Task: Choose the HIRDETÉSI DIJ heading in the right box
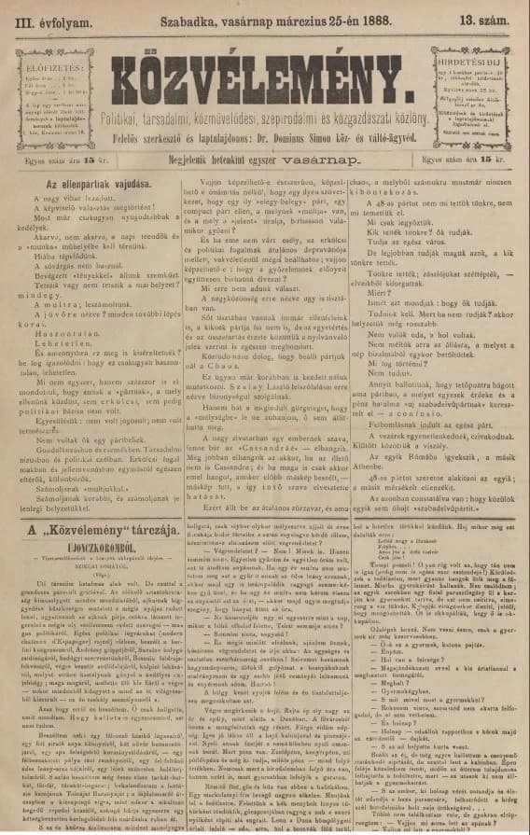click(474, 56)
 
